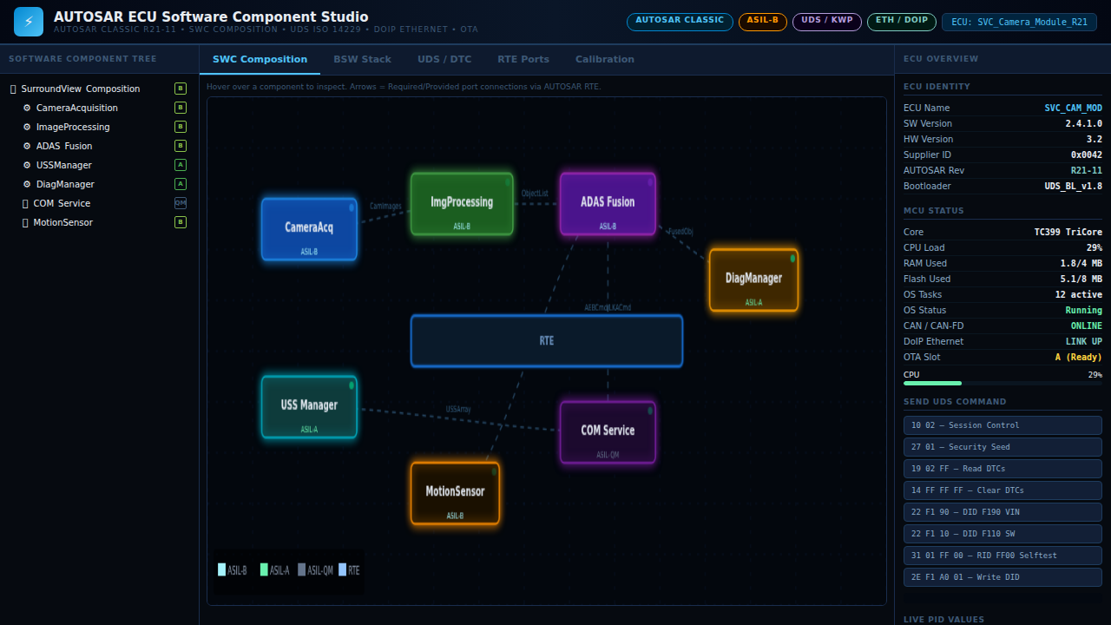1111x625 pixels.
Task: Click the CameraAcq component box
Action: coord(309,229)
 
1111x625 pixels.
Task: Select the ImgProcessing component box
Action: coord(462,204)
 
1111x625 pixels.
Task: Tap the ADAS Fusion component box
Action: coord(608,204)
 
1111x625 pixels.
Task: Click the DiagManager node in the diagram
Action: coord(753,280)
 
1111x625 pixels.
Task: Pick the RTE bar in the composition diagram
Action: coord(547,341)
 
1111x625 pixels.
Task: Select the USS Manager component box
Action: coord(309,407)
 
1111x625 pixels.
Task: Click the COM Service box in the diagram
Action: coord(608,432)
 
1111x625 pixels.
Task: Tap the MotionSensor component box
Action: coord(455,493)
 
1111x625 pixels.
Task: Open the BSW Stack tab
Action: coord(362,60)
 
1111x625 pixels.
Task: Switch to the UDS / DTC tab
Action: coord(444,60)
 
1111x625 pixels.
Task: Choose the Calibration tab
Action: coord(604,60)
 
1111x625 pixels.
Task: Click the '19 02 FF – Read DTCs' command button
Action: coord(1003,469)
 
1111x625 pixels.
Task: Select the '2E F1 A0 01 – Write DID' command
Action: coord(1003,577)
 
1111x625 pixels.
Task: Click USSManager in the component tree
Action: coord(63,165)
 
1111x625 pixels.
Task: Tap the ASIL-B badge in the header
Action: coord(762,21)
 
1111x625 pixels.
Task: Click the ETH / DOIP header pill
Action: coord(901,21)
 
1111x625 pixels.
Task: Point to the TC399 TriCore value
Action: coord(1068,233)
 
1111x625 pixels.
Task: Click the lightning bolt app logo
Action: coord(29,22)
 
